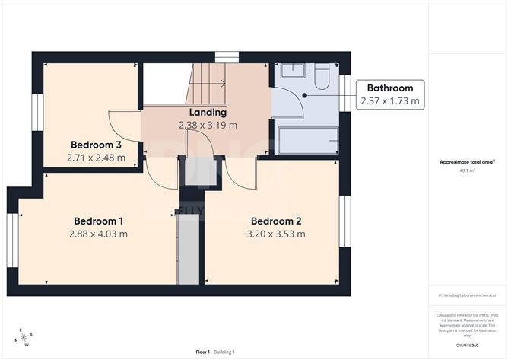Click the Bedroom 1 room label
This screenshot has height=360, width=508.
click(99, 221)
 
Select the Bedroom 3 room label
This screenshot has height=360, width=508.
click(97, 145)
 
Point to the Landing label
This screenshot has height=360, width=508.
click(208, 113)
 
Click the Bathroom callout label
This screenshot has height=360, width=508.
click(390, 88)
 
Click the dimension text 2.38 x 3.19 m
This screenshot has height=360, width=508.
click(208, 126)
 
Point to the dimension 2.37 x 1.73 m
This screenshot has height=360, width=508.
click(390, 100)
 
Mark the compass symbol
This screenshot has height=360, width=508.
click(24, 336)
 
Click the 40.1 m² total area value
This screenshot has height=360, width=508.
click(468, 171)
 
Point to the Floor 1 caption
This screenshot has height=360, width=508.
click(202, 351)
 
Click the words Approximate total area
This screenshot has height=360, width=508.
click(465, 162)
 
